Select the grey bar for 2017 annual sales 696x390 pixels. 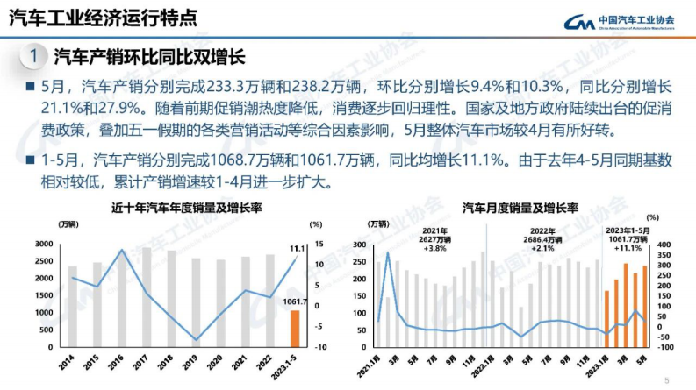[x=147, y=298]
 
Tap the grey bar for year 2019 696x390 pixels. [x=197, y=303]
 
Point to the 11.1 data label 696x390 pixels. [x=297, y=249]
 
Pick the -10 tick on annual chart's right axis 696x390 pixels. [x=321, y=347]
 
